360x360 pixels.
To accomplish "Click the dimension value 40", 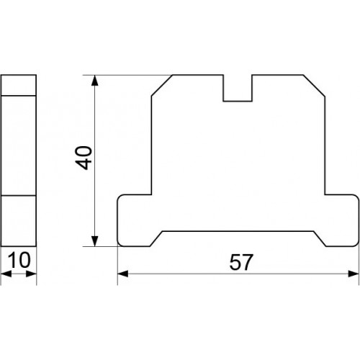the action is (84, 158).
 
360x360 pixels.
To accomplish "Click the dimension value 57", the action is (241, 262).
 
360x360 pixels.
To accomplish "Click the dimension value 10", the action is (19, 260).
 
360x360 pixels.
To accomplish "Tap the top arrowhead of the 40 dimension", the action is (95, 81).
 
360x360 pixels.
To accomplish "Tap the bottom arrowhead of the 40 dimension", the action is (95, 241).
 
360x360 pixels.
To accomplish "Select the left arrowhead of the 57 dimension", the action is (123, 274).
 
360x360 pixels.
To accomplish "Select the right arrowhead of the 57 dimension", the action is (354, 274).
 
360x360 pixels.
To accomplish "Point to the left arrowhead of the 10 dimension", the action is (6, 274).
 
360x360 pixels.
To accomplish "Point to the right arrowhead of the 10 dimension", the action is (31, 274).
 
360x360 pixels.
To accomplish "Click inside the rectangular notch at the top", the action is (238, 88).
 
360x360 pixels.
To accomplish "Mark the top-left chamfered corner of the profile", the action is (162, 86).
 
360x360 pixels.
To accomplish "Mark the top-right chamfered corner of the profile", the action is (314, 86).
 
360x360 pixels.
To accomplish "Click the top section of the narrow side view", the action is (19, 85).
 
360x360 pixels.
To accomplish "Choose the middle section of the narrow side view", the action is (19, 145).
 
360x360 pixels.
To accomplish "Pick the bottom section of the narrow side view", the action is (19, 221).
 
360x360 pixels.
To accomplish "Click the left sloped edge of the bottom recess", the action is (156, 238).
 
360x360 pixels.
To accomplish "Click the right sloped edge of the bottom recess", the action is (320, 238).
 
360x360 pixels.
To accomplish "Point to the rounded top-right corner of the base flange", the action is (357, 197).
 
